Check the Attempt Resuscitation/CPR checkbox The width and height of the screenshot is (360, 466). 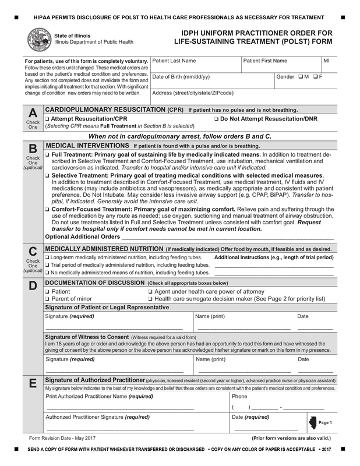click(x=47, y=118)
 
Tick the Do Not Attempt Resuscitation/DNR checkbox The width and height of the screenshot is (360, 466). click(x=217, y=118)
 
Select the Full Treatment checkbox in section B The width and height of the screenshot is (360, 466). click(x=47, y=154)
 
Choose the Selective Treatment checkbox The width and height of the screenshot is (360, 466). click(x=47, y=175)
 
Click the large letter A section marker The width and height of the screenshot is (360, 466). click(x=33, y=112)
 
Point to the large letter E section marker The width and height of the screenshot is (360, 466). click(x=33, y=384)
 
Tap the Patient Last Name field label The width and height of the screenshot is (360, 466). click(x=174, y=61)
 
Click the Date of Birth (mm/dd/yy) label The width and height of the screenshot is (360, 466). click(x=181, y=77)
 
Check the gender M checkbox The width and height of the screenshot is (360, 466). click(x=300, y=77)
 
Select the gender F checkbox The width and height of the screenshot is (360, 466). click(x=315, y=77)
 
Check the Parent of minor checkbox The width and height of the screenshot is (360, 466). click(x=47, y=299)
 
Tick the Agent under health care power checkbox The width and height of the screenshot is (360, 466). click(x=150, y=291)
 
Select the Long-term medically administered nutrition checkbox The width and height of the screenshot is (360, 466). click(x=47, y=257)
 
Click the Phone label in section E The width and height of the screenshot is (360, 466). click(x=239, y=396)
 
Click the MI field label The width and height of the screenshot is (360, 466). click(x=327, y=61)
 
